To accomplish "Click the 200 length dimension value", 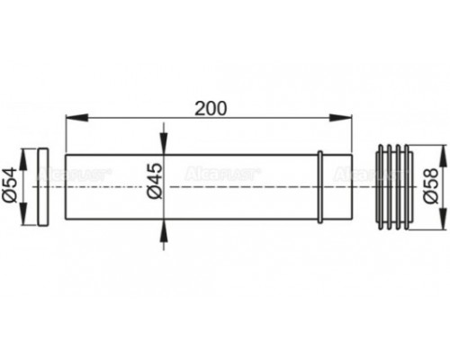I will point(209,107).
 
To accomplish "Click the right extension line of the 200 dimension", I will point(350,135).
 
